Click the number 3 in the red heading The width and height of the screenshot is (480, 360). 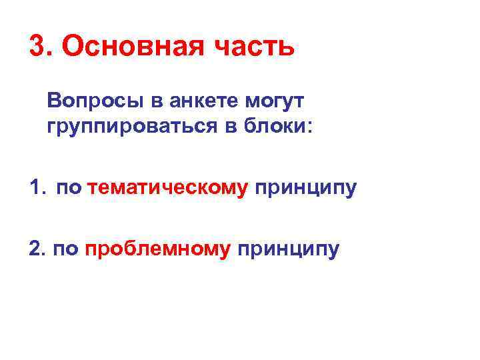click(x=37, y=47)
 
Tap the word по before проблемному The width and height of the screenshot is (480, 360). click(x=67, y=250)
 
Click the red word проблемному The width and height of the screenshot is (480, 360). click(x=158, y=249)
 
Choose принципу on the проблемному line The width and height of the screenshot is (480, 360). click(x=287, y=250)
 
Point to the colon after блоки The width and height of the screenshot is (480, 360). click(x=309, y=127)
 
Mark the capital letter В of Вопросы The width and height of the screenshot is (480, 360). click(x=53, y=101)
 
